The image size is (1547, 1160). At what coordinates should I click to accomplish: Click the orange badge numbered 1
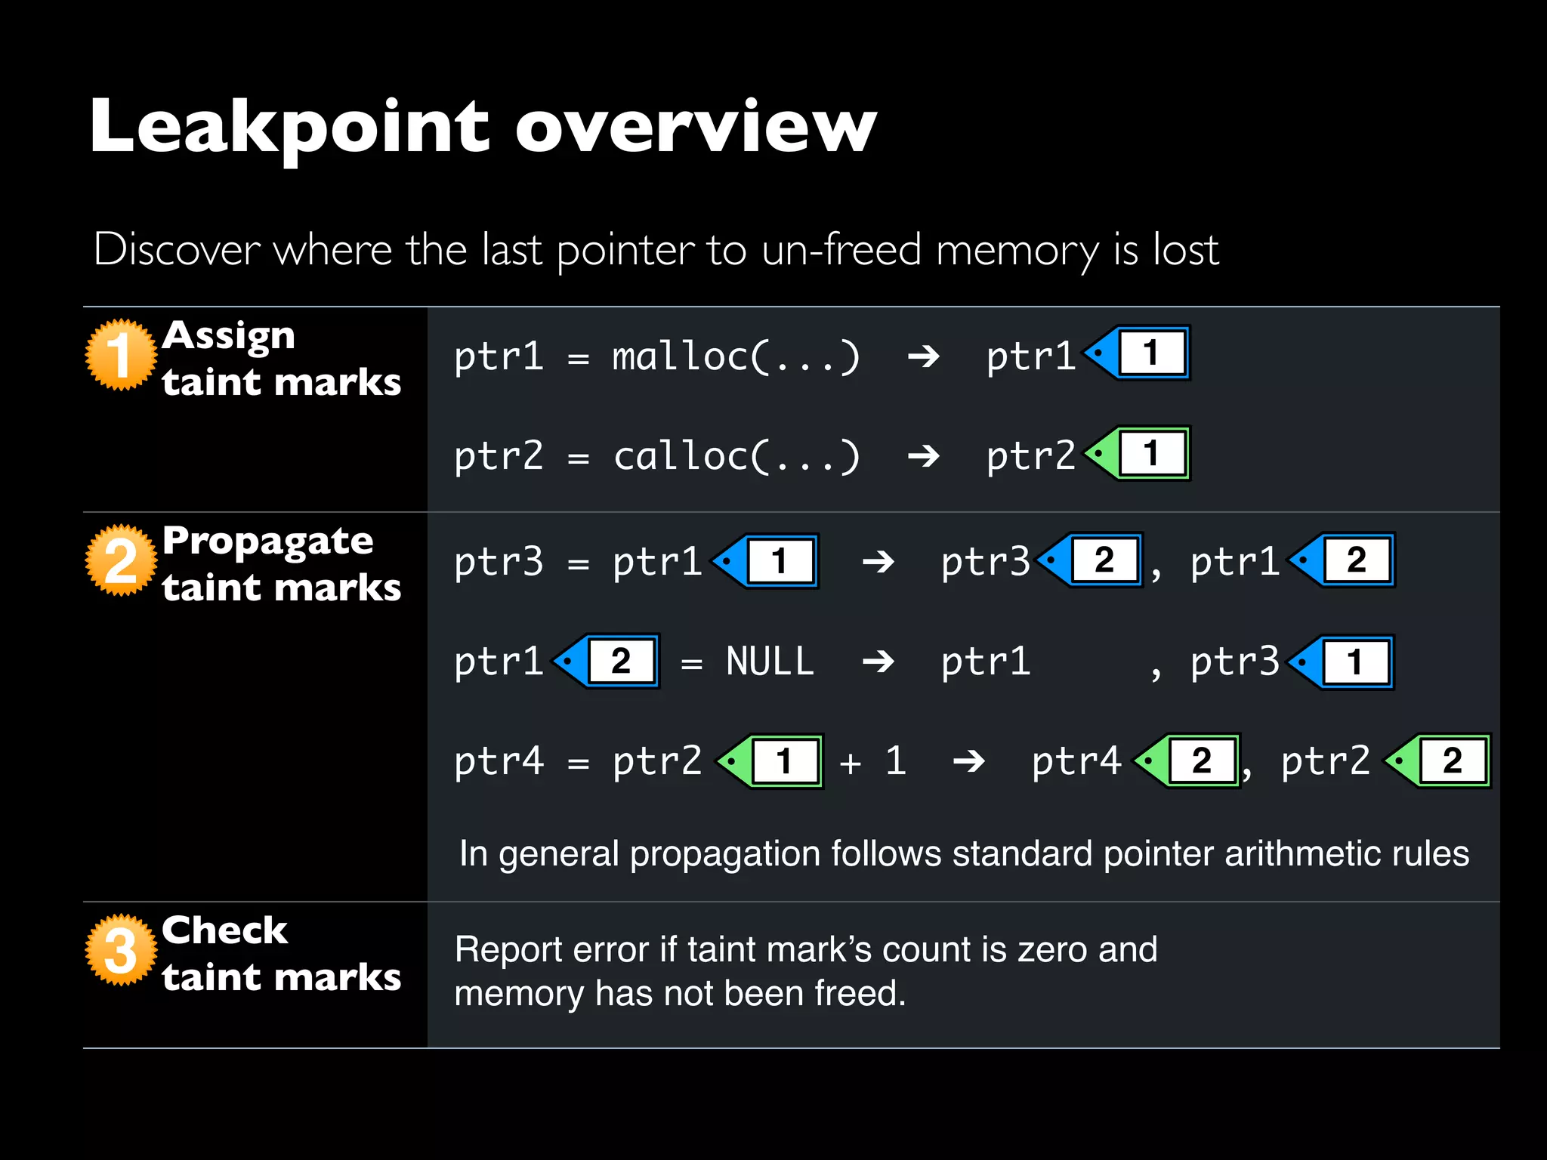(x=120, y=354)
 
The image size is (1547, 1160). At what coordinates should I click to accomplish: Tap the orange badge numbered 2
(x=120, y=560)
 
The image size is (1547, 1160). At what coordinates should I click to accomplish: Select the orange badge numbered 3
(x=120, y=950)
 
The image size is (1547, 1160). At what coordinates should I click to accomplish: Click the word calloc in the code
(x=679, y=456)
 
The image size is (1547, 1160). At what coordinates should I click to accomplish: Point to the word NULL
(x=770, y=662)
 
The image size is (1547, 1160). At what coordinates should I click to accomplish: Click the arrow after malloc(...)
(x=923, y=356)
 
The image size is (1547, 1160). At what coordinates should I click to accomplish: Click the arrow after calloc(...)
(x=923, y=456)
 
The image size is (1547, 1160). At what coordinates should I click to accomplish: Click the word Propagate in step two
(x=267, y=541)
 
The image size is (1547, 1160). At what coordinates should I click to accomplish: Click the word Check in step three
(x=224, y=930)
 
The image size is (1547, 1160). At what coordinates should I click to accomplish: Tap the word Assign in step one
(x=228, y=335)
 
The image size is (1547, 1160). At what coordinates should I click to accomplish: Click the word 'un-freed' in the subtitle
(x=841, y=249)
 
